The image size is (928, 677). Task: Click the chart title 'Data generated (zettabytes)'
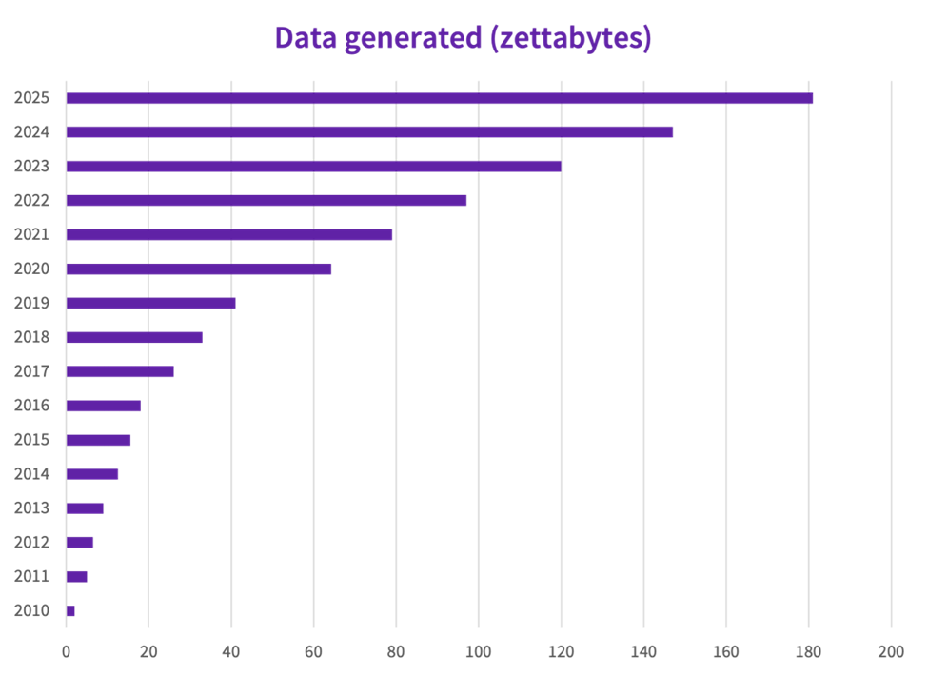point(463,38)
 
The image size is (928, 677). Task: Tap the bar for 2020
point(199,269)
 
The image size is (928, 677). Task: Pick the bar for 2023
point(313,166)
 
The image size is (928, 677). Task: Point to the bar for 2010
point(70,610)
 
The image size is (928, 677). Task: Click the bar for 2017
point(120,371)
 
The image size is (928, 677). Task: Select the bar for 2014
point(92,473)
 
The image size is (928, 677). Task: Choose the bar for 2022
point(267,200)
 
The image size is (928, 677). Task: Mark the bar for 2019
point(150,303)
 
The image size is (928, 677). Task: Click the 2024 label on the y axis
point(31,132)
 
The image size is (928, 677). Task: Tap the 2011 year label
point(31,576)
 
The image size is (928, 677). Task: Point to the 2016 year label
point(31,406)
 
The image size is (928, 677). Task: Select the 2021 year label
point(31,234)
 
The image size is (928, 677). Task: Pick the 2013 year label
point(31,508)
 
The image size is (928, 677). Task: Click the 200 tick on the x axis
point(891,651)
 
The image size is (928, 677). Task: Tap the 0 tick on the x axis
point(66,651)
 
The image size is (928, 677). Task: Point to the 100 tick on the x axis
point(478,651)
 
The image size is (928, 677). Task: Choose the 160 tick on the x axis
point(725,651)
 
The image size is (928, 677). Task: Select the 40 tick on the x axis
point(230,651)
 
